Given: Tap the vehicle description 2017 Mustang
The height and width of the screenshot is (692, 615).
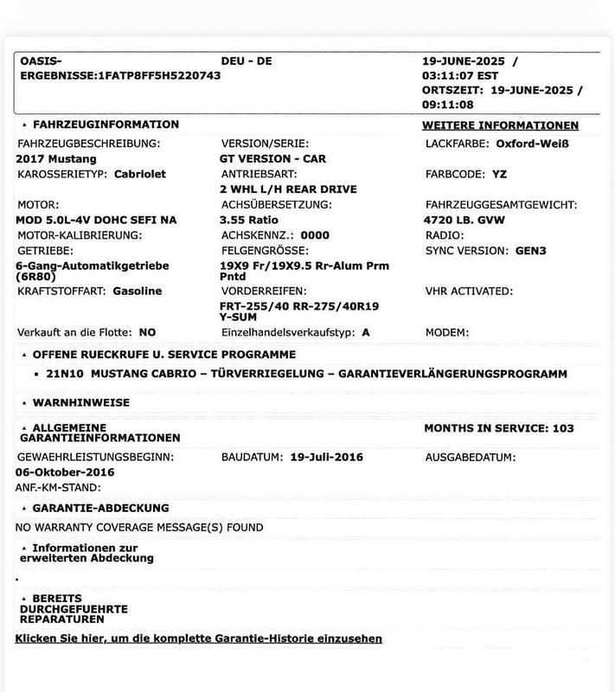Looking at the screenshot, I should click(x=56, y=159).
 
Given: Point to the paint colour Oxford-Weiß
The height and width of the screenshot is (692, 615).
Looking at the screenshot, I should click(x=532, y=143).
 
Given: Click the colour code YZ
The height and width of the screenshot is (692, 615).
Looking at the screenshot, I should click(x=499, y=174).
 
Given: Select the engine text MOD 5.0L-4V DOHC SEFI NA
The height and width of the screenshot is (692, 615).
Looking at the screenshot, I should click(x=97, y=220).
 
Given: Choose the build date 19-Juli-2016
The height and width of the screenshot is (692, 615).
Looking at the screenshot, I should click(x=327, y=457).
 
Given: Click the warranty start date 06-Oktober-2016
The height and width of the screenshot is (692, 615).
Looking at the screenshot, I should click(x=65, y=472).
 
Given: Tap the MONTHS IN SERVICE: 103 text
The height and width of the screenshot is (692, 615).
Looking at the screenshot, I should click(x=499, y=428).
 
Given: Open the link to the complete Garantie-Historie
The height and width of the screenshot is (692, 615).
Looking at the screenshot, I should click(x=199, y=638).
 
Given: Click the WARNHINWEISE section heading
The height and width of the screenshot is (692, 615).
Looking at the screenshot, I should click(x=80, y=403).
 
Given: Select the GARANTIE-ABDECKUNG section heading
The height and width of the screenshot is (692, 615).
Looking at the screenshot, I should click(x=100, y=508).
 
